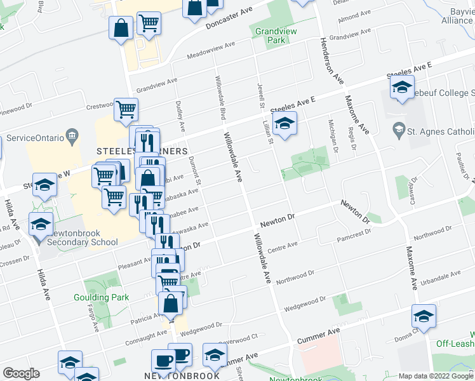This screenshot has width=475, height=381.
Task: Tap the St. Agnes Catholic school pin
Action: pyautogui.click(x=399, y=131)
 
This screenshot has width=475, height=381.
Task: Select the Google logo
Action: pyautogui.click(x=21, y=373)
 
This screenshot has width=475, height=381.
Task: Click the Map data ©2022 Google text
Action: pyautogui.click(x=436, y=376)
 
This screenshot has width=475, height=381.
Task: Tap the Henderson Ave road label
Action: pyautogui.click(x=331, y=60)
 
